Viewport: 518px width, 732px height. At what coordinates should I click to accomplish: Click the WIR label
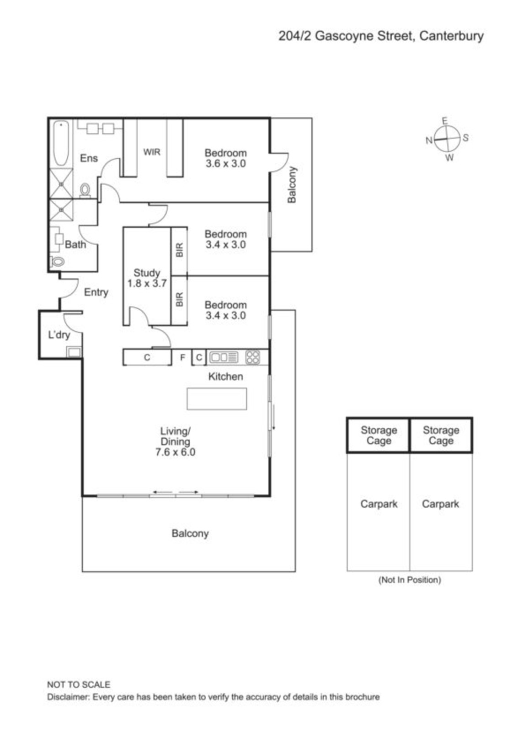pos(152,152)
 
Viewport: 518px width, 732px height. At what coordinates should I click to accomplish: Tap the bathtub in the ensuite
pos(61,143)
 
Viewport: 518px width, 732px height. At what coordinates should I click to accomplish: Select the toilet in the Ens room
pos(85,190)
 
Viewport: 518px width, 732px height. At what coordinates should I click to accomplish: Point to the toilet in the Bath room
pos(58,261)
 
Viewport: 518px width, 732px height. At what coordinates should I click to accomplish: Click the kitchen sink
pos(224,357)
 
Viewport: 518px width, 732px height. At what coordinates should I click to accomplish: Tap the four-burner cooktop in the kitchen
pos(252,357)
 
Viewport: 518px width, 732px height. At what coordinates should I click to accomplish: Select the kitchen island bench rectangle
pos(217,398)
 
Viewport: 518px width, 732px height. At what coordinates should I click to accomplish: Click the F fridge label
pos(182,357)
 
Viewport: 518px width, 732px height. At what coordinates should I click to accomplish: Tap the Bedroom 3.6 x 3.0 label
pos(226,158)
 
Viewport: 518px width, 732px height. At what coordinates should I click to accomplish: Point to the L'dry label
pos(59,335)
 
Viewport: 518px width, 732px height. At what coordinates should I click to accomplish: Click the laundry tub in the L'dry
pos(74,352)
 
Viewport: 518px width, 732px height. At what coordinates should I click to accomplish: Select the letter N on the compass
pos(429,140)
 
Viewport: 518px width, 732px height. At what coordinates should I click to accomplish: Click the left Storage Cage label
pos(379,436)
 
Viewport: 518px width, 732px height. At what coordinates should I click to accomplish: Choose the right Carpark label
pos(440,504)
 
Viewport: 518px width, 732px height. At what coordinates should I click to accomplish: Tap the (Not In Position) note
pos(410,580)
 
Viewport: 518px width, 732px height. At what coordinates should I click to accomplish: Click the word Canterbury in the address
pos(451,36)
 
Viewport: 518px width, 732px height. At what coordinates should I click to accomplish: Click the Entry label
pos(96,292)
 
